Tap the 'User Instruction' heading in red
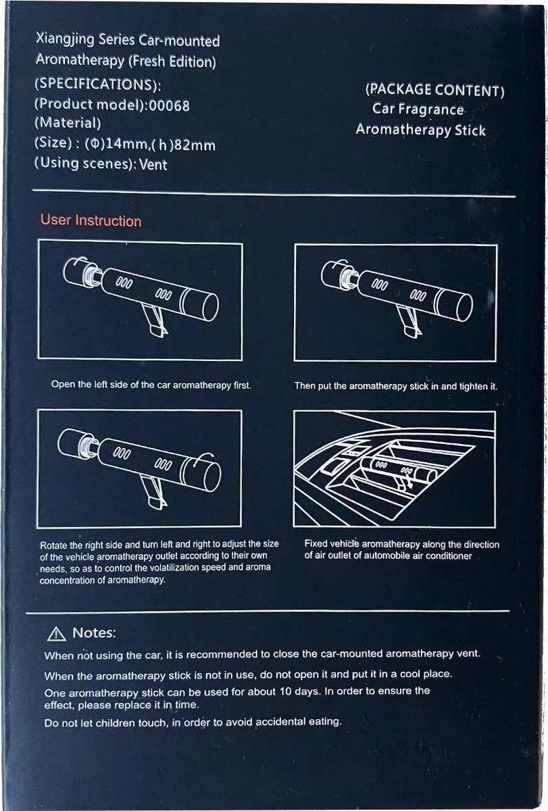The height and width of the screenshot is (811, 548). coord(91,221)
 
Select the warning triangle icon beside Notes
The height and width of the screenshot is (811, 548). coord(55,633)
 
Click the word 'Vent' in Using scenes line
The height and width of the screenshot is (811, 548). coord(153,164)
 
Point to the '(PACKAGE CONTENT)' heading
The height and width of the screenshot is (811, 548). coord(434,91)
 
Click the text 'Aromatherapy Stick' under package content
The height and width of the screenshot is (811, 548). coord(420,130)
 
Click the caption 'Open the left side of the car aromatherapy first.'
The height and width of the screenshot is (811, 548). coord(151,385)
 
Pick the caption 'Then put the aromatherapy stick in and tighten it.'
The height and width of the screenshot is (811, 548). coord(395,387)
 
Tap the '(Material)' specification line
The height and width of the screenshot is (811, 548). coord(68,124)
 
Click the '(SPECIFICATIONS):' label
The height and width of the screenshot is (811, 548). coord(97,86)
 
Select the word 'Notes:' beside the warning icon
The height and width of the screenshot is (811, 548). coord(94,633)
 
